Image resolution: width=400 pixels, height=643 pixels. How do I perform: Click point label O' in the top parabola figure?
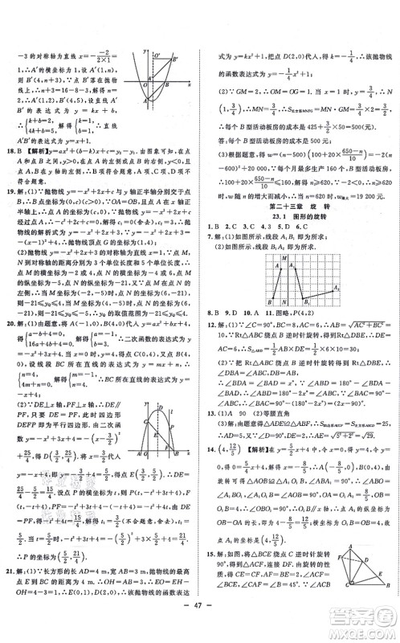tap(157, 55)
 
